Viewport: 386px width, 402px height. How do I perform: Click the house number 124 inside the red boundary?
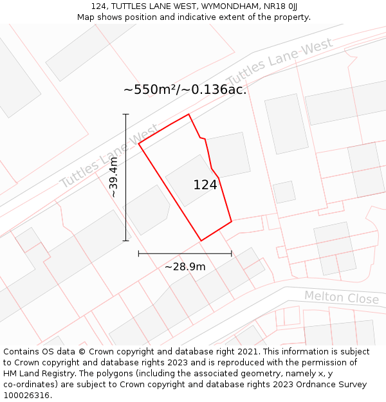(x=205, y=185)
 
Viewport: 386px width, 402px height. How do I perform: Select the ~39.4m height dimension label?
(x=114, y=178)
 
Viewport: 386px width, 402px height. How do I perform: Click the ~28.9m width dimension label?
(x=185, y=266)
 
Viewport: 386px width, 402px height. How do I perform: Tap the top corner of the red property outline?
(x=188, y=114)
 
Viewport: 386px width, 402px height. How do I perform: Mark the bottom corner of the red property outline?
(x=201, y=241)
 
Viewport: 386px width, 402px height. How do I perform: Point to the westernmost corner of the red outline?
(x=139, y=143)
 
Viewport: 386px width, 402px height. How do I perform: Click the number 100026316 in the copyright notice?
(x=26, y=396)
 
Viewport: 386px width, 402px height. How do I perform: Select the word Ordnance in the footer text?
(x=304, y=385)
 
